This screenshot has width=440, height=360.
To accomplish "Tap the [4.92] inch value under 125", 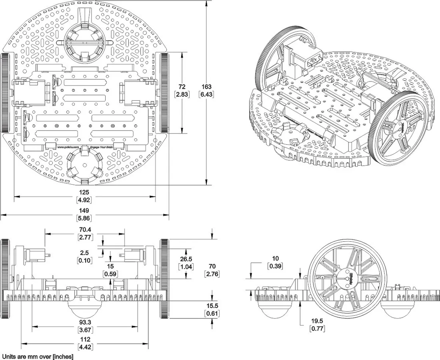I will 84,199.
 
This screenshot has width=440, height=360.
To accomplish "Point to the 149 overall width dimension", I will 84,211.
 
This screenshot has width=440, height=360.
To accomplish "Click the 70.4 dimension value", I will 84,230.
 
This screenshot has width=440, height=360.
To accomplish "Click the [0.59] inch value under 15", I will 110,274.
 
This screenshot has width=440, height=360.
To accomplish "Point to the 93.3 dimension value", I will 84,322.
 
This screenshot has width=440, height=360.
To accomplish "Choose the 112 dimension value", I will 84,340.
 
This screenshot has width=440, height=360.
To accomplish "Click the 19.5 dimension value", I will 317,321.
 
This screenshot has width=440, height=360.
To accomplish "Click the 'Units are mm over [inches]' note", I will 38,356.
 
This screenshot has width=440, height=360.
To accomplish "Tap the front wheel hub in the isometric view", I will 401,127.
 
